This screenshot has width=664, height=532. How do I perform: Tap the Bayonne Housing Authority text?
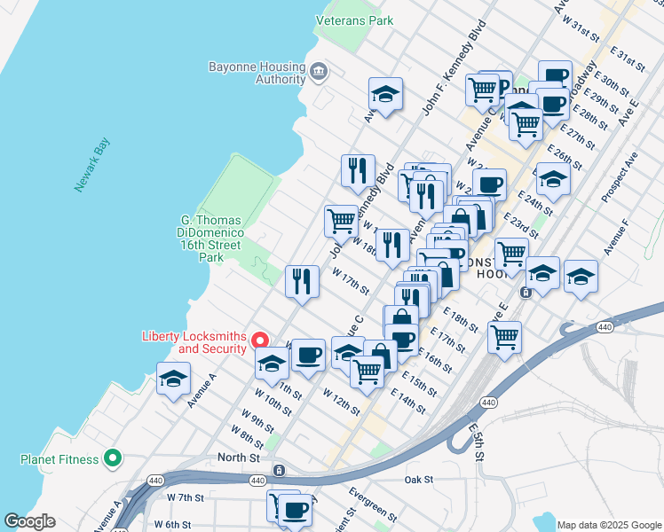point(256,73)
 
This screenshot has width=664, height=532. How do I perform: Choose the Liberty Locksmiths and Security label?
point(194,341)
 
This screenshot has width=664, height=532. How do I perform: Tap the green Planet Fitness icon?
point(112,458)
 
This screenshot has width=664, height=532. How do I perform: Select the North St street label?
point(240,458)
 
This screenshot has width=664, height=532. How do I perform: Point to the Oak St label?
point(418,480)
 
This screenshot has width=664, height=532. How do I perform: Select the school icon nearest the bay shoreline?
point(173,379)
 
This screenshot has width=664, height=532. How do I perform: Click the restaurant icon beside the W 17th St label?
point(302,281)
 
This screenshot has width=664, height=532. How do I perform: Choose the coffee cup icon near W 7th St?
point(294,508)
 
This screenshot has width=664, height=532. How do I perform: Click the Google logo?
point(29,521)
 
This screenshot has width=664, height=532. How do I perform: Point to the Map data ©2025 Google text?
point(608,525)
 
